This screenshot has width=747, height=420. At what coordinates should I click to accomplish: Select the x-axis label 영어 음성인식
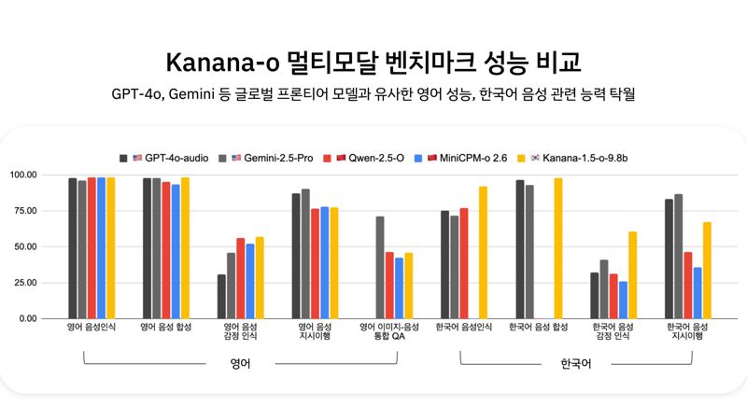(x=92, y=328)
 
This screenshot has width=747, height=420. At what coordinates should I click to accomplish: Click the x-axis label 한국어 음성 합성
(x=539, y=328)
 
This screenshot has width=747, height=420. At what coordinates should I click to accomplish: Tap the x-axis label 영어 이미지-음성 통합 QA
(x=389, y=333)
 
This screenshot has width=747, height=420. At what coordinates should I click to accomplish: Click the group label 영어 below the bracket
(x=240, y=363)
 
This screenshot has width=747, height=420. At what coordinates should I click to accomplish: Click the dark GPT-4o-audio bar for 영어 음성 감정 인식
(x=221, y=296)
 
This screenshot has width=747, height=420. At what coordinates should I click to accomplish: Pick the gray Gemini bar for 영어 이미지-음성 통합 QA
(x=380, y=267)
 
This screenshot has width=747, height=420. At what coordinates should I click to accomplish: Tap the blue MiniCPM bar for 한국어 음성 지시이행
(x=697, y=292)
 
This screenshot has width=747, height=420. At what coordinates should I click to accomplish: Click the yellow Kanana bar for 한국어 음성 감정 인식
(x=632, y=274)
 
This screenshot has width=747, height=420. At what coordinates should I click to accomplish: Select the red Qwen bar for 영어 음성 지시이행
(x=315, y=263)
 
